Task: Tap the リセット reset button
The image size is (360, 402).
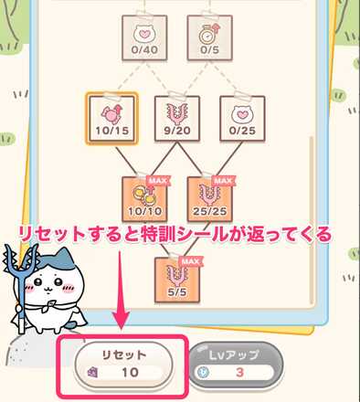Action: (x=123, y=361)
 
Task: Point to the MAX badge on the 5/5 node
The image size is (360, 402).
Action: (x=189, y=259)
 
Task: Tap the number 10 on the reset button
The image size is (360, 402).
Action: (x=130, y=373)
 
